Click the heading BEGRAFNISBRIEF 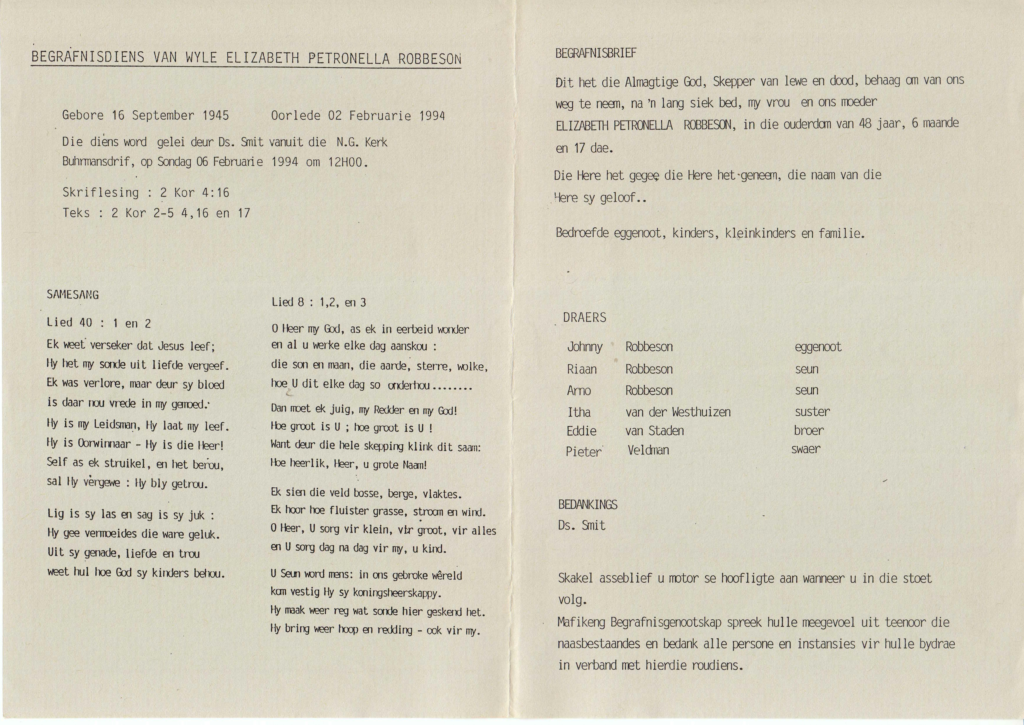(596, 54)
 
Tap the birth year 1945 (216, 115)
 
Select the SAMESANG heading (73, 295)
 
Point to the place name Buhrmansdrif (98, 162)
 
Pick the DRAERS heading (585, 318)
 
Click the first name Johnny (585, 347)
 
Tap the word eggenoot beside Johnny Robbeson (818, 347)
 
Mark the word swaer (805, 449)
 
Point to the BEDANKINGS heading (587, 505)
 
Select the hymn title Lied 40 (70, 323)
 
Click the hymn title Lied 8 (288, 302)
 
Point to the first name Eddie (581, 431)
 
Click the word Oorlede (295, 116)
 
